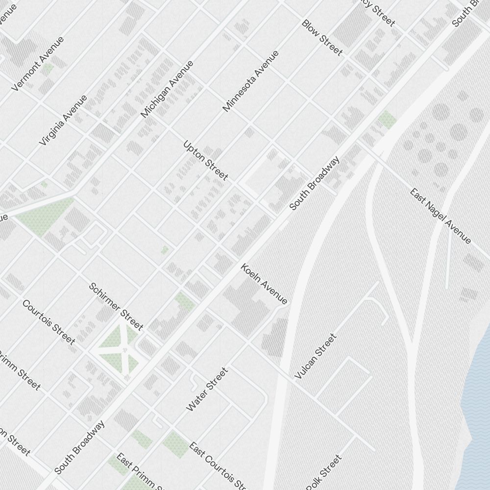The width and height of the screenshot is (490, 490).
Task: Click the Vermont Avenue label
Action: pos(38,64)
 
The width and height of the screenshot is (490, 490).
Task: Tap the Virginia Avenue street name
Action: pos(64,120)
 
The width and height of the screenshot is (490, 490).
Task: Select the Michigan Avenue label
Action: pos(167,89)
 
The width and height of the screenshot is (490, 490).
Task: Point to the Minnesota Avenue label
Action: pos(250,81)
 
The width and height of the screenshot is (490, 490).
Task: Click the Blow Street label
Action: pos(322,38)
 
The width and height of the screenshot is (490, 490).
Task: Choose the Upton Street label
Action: pos(206,160)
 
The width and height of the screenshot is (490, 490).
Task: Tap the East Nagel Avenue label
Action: pos(441,216)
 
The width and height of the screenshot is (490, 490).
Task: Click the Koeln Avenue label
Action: pos(264,284)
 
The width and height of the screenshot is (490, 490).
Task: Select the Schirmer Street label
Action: pos(116,306)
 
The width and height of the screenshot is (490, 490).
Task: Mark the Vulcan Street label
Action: pos(316,356)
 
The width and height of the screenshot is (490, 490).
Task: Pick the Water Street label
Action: pos(207,390)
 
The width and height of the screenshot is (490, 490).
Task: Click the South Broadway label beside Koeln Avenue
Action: pos(314,183)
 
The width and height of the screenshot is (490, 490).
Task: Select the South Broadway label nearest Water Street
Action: pos(79,447)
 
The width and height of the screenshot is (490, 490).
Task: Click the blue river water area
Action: pos(478,392)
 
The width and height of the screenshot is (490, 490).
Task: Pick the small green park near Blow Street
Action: pos(387,119)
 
